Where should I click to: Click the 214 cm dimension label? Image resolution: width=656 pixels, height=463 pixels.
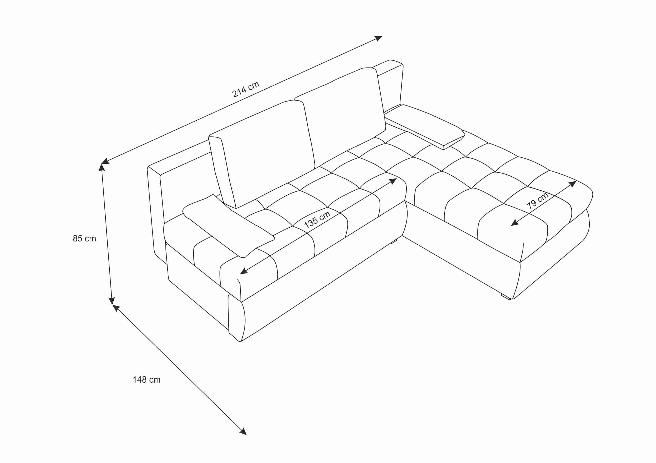[x=246, y=89]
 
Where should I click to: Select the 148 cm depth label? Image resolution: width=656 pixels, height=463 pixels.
[x=147, y=380]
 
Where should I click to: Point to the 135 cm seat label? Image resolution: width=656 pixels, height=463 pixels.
[x=317, y=220]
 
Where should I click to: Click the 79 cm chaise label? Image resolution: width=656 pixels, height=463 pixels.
[x=537, y=201]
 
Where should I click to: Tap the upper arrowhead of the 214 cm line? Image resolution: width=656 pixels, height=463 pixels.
[x=378, y=39]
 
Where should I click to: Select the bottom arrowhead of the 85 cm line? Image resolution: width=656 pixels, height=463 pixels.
[x=112, y=301]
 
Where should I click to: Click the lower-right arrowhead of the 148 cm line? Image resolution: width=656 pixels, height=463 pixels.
[x=243, y=432]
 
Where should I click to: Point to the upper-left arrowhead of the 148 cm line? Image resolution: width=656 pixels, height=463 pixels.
[x=116, y=308]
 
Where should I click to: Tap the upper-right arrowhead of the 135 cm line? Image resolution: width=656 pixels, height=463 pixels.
[x=393, y=181]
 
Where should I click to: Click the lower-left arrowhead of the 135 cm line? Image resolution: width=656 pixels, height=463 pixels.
[x=244, y=271]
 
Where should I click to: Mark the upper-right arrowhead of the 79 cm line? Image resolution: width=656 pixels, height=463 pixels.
[x=572, y=184]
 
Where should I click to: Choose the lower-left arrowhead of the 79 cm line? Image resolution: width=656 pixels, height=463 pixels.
[x=515, y=223]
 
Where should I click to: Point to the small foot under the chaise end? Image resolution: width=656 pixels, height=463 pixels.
[x=505, y=297]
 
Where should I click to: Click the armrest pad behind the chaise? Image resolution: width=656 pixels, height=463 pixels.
[x=424, y=126]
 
